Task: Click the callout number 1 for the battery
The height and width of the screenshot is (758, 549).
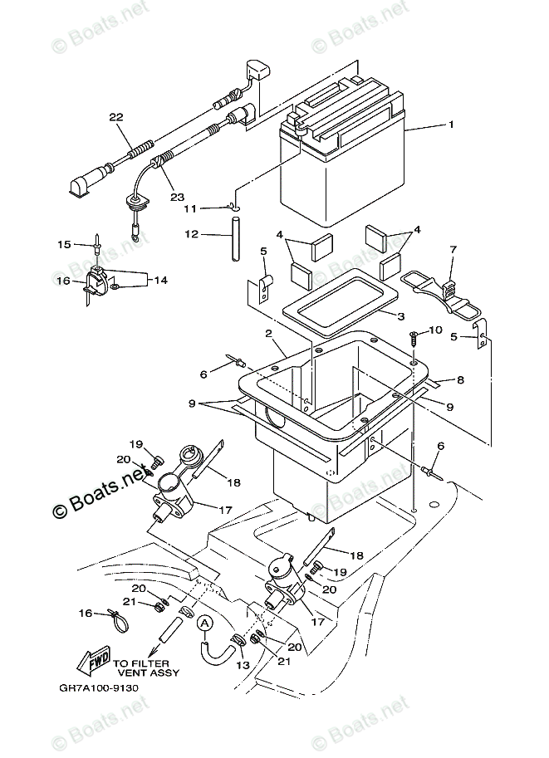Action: click(451, 125)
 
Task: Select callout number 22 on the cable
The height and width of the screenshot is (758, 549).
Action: click(116, 117)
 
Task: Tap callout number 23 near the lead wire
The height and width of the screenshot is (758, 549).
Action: click(177, 197)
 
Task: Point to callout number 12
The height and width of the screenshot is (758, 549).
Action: click(192, 234)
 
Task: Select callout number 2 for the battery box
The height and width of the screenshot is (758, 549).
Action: click(268, 334)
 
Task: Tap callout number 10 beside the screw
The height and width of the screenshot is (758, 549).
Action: click(435, 330)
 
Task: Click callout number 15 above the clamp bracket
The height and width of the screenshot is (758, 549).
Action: click(64, 245)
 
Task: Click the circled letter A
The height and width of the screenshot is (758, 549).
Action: click(205, 624)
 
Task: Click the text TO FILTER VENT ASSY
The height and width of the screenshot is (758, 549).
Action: click(146, 668)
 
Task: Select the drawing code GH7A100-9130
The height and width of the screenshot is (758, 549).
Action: click(99, 688)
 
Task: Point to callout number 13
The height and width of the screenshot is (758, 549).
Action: click(243, 665)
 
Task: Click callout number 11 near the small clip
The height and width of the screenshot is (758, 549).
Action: click(190, 209)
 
